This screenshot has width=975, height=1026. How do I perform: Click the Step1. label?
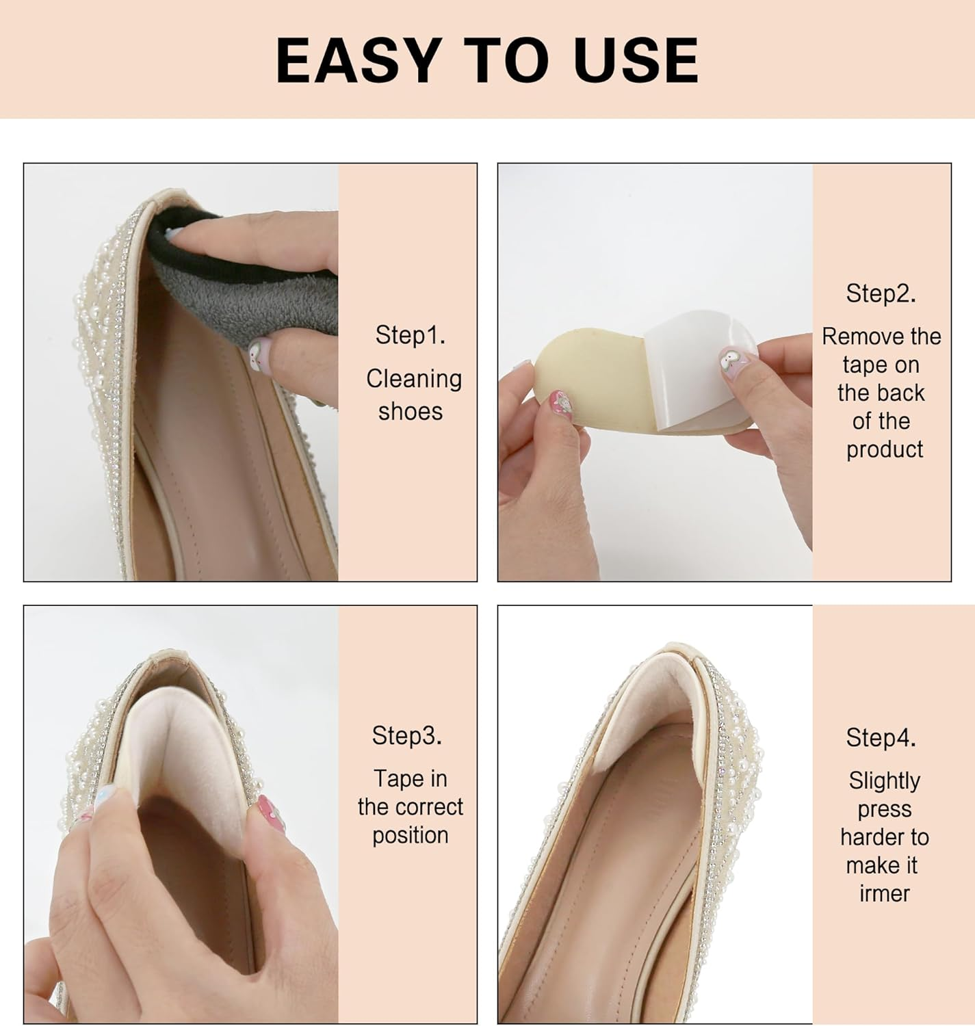pyautogui.click(x=410, y=335)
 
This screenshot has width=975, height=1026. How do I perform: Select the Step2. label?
pyautogui.click(x=881, y=293)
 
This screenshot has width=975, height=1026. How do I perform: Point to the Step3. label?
pyautogui.click(x=407, y=735)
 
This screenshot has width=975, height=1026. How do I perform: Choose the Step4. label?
pyautogui.click(x=881, y=737)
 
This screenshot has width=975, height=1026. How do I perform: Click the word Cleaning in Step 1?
pyautogui.click(x=414, y=379)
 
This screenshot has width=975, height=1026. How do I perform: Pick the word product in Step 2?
pyautogui.click(x=885, y=449)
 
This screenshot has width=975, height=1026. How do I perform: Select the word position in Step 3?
pyautogui.click(x=411, y=835)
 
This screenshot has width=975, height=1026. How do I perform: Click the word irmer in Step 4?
pyautogui.click(x=885, y=893)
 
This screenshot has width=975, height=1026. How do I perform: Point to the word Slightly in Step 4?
pyautogui.click(x=884, y=780)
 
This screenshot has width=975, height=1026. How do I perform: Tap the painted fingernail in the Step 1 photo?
pyautogui.click(x=259, y=354)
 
